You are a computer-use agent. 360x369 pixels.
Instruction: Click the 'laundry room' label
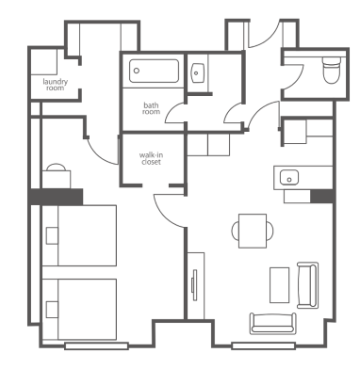56,85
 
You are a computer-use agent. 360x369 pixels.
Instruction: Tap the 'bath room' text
151,108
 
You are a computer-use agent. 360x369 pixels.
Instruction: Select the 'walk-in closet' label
151,158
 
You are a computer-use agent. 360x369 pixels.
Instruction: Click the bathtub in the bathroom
155,71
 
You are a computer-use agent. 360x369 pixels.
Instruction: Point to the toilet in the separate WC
332,71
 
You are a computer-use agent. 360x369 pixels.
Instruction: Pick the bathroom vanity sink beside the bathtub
198,73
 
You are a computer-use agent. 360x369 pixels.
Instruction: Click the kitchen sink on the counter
289,177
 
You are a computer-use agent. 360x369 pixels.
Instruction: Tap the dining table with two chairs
253,231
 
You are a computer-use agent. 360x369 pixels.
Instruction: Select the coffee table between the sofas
279,285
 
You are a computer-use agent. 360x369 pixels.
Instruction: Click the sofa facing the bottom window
273,323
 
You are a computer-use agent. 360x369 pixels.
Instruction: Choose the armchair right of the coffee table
308,285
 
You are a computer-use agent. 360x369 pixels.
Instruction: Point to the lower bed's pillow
52,310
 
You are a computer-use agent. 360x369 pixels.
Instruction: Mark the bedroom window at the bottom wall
96,346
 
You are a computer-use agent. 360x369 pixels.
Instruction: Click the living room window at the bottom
263,346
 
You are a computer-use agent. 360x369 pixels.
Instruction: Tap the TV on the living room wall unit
194,285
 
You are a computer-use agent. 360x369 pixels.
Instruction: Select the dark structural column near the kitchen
321,196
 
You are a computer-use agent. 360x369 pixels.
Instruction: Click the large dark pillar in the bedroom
56,197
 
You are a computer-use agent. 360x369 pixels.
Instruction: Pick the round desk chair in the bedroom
57,168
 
